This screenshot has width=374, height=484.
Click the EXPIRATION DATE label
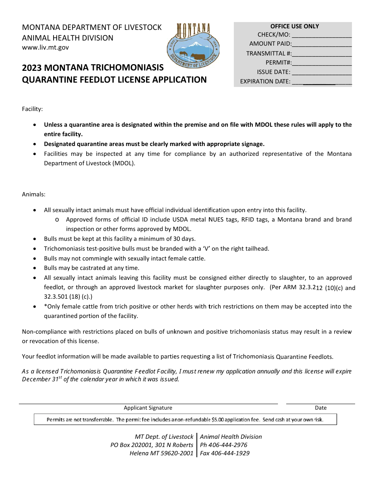265,82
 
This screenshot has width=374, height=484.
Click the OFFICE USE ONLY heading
294,26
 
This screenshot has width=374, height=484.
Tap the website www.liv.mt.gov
45,48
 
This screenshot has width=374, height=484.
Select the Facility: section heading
32,109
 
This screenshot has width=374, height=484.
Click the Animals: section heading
33,194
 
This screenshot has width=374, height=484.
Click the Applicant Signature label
148,408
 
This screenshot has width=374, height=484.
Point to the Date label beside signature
320,408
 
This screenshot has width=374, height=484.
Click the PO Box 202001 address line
152,445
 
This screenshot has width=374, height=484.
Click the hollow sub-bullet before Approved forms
57,220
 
